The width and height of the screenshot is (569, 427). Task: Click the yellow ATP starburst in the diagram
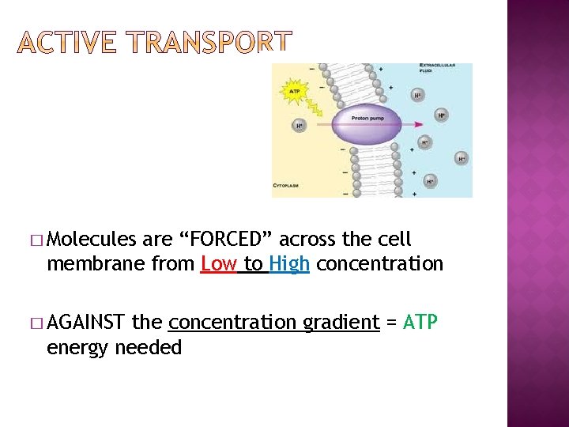[294, 92]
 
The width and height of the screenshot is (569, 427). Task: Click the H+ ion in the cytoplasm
[300, 126]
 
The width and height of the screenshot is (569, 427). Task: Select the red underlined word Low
[218, 263]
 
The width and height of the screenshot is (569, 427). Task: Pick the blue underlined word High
[289, 263]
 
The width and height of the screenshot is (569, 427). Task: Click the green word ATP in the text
[420, 323]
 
